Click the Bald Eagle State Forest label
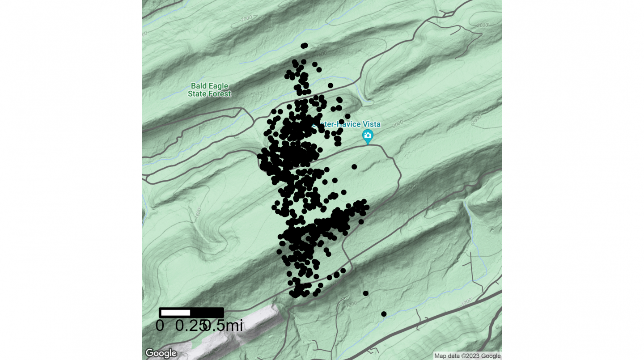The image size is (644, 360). (x=209, y=89)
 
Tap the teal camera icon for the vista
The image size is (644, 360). (x=368, y=136)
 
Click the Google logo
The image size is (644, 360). (x=161, y=353)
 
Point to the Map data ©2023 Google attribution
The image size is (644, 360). (x=467, y=356)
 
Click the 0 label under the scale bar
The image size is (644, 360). (x=160, y=326)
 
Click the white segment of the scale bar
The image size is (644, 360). (x=175, y=313)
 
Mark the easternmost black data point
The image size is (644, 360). (x=384, y=314)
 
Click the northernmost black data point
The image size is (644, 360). (x=305, y=45)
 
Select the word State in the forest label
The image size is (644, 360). (x=197, y=94)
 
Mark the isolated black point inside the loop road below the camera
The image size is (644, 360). (x=354, y=167)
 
